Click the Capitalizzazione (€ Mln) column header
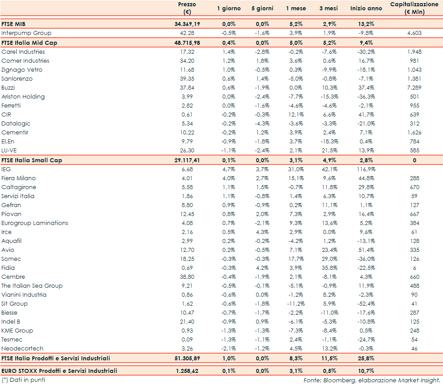coord(414,8)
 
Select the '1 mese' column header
coord(296,8)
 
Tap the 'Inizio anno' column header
coord(366,8)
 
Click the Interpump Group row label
coord(26,33)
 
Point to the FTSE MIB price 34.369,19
coord(187,24)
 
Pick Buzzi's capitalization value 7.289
coord(414,88)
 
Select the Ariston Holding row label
coord(23,97)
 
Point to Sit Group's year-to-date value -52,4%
coord(366,304)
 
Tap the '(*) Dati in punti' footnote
coord(24,380)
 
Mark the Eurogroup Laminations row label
coord(35,223)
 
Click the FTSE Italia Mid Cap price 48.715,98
coord(187,43)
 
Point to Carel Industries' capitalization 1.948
coord(414,52)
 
